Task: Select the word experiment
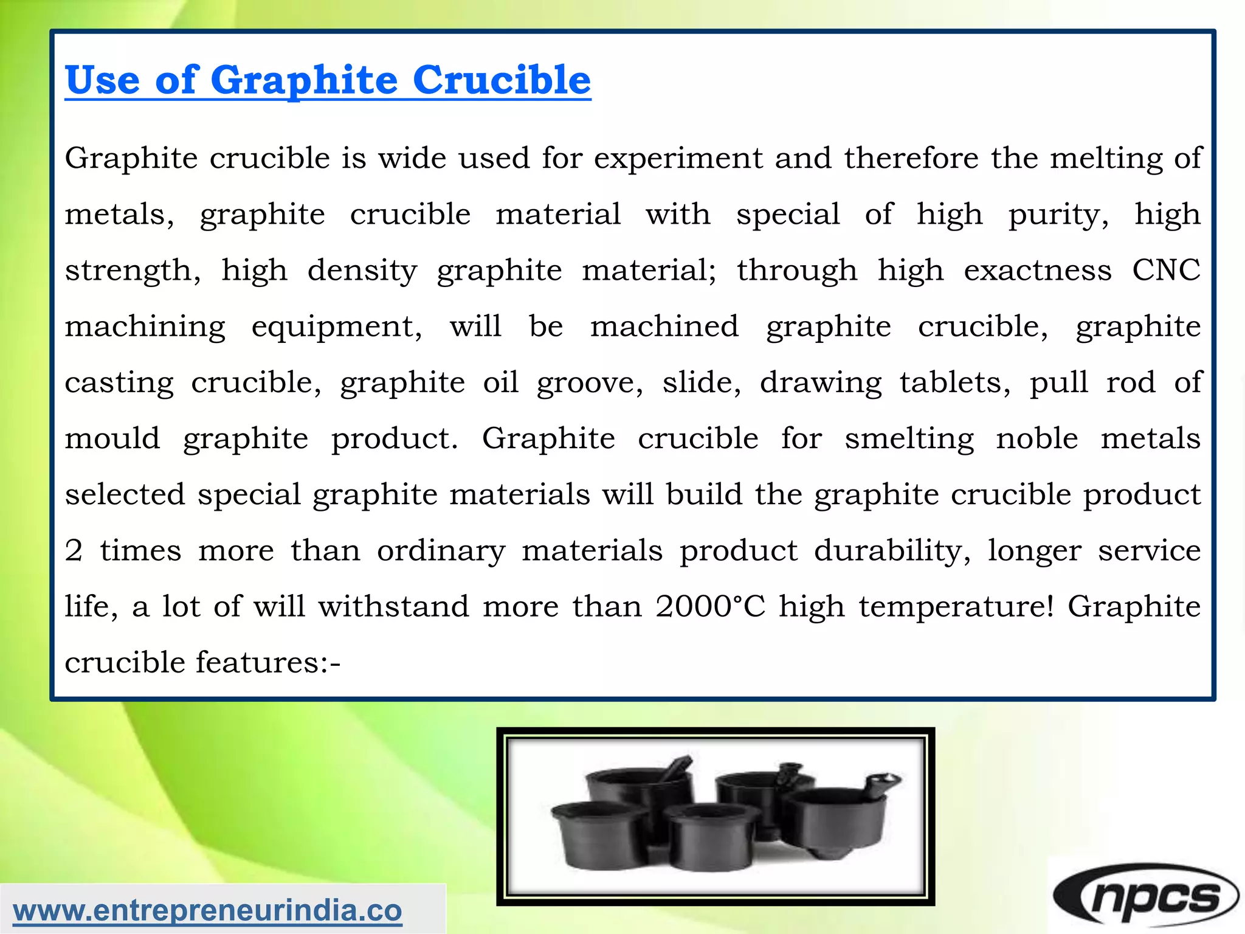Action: pos(678,158)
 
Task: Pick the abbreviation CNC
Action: pos(1166,270)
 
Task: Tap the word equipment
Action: pos(336,327)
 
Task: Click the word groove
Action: pos(589,383)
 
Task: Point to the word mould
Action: pos(112,438)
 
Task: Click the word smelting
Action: pos(909,439)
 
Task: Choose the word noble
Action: pos(1037,438)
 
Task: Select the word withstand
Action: pos(393,606)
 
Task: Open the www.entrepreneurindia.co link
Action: pos(207,910)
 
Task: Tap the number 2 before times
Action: pos(74,551)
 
